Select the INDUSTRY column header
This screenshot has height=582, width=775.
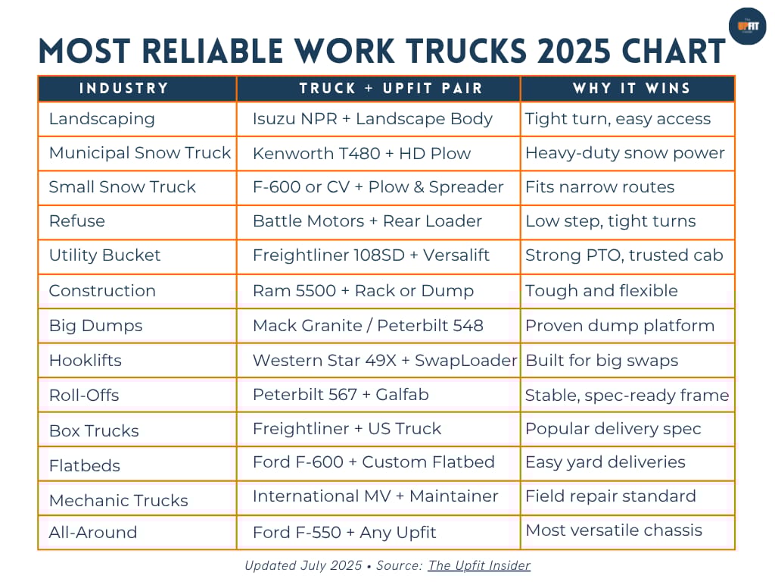tap(124, 89)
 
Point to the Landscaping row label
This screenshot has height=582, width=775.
tap(101, 119)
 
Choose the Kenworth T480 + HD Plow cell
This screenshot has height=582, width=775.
tap(362, 153)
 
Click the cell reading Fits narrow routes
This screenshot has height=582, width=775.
tap(599, 187)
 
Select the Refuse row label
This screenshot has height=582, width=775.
tap(76, 221)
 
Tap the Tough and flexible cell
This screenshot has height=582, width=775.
tap(601, 291)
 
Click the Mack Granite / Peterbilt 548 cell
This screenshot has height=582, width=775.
tap(368, 326)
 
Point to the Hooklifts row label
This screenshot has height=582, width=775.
tap(85, 360)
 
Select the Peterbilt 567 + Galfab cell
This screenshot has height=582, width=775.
tap(341, 395)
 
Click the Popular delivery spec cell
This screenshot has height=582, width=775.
tap(613, 429)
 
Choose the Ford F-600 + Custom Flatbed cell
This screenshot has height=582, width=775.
tap(373, 462)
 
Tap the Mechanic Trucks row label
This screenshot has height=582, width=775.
tap(118, 500)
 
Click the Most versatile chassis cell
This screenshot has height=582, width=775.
tap(614, 530)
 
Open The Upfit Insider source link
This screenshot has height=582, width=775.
tap(479, 565)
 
